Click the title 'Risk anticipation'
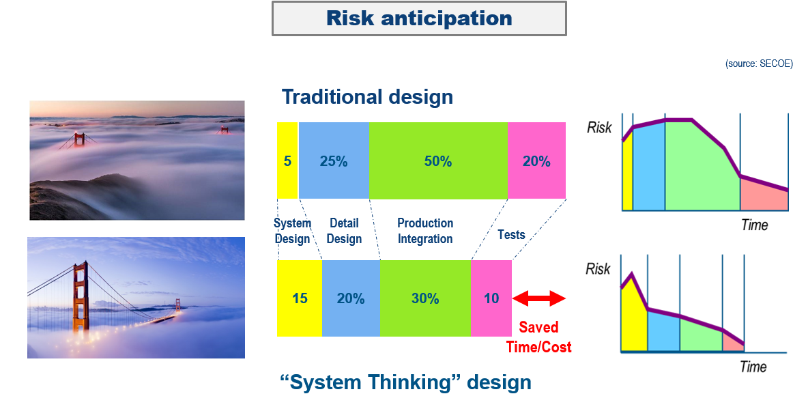[419, 18]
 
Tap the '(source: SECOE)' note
[759, 64]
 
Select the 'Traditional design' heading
[367, 97]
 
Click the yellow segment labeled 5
[287, 160]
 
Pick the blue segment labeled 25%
[334, 160]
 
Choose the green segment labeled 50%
[439, 160]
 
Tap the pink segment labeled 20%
[537, 160]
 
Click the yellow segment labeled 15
[300, 298]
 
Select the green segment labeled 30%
[425, 298]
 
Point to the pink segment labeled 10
[491, 298]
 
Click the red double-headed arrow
[539, 298]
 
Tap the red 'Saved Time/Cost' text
[539, 337]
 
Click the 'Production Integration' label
[425, 231]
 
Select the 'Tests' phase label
[511, 235]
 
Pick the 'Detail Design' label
[344, 231]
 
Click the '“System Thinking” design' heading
[405, 382]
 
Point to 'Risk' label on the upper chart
[599, 128]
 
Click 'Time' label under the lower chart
[753, 367]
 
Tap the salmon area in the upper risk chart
[763, 196]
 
